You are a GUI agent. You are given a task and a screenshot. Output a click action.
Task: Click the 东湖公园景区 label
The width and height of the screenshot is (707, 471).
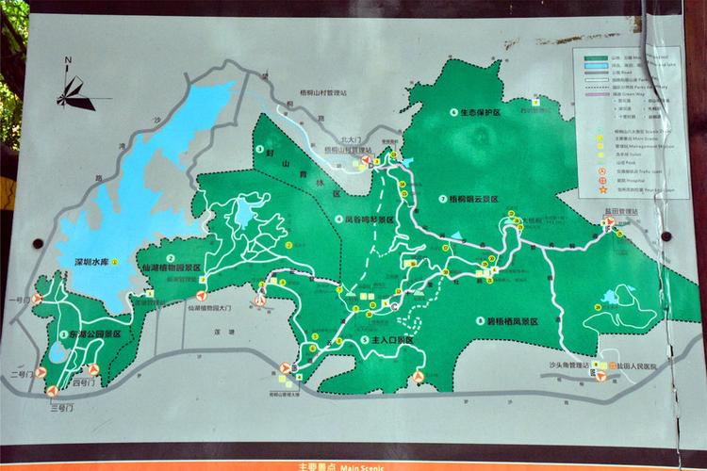coord(95,333)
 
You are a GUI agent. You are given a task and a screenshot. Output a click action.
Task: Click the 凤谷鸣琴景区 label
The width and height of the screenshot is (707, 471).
coord(369,219)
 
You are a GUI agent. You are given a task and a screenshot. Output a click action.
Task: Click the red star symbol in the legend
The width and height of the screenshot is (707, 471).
coord(600,191)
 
